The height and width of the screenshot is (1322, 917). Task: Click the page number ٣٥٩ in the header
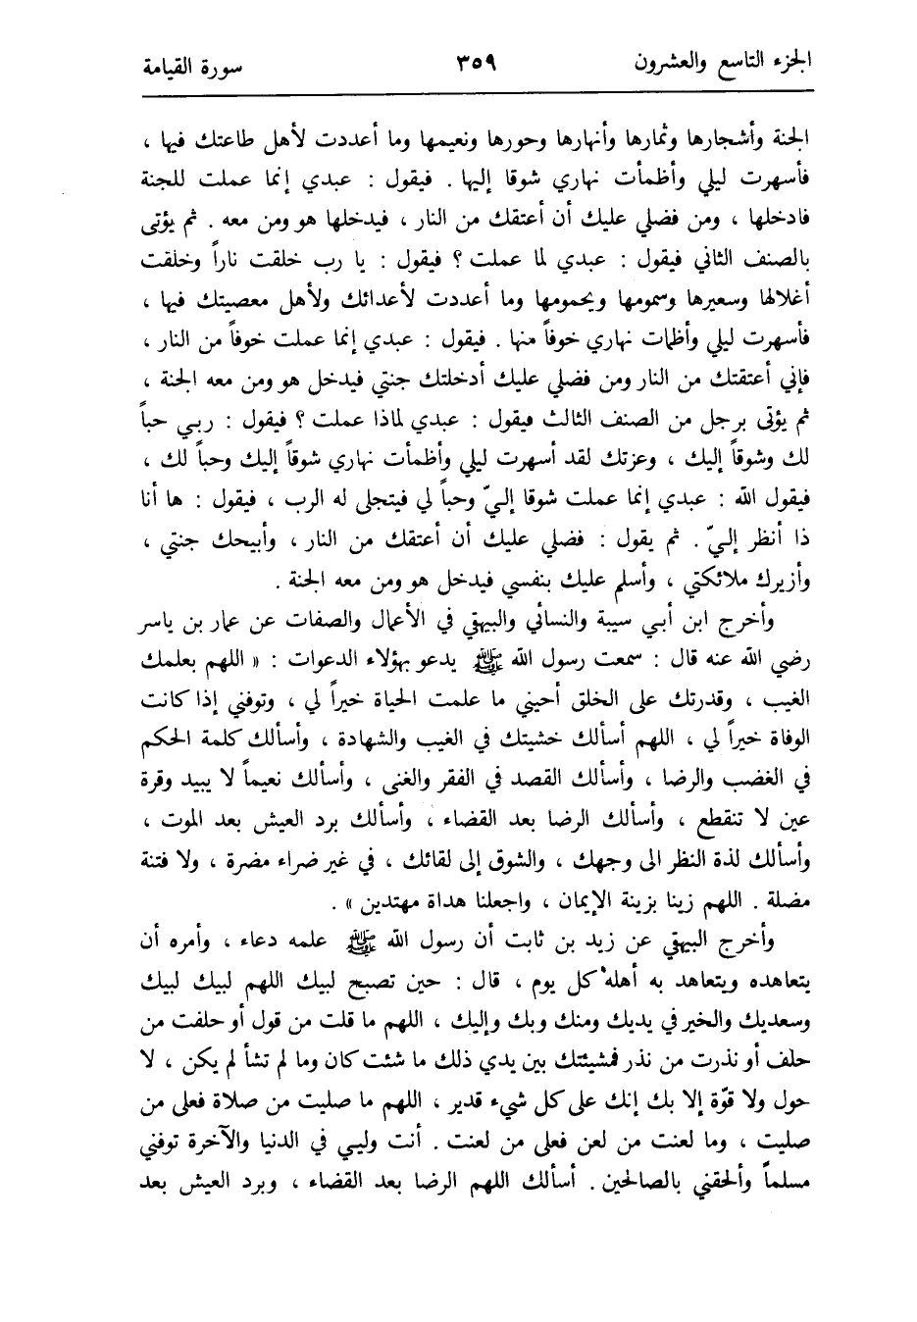478,65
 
